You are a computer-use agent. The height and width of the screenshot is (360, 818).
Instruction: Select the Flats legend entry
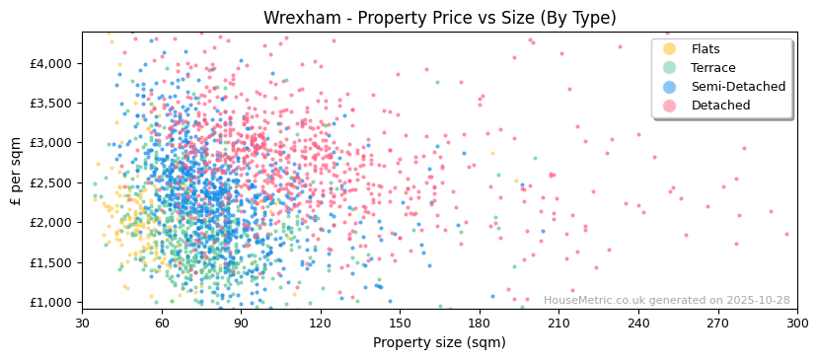click(x=705, y=49)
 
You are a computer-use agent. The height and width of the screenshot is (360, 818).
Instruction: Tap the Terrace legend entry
click(x=712, y=68)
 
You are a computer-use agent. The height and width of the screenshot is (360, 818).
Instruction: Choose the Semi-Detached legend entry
click(x=738, y=87)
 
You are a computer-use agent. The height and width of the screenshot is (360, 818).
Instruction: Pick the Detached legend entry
click(x=720, y=106)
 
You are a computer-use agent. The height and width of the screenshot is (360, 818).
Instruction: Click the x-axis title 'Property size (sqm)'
click(x=439, y=343)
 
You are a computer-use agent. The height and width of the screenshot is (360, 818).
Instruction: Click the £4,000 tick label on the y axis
click(x=50, y=63)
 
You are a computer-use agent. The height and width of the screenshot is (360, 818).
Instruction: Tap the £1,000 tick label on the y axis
click(x=50, y=303)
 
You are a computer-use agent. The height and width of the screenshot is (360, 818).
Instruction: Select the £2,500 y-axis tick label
click(x=50, y=182)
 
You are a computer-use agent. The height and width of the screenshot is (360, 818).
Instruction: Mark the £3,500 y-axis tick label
click(x=50, y=103)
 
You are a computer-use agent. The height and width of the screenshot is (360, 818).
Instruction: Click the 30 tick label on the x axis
click(x=82, y=323)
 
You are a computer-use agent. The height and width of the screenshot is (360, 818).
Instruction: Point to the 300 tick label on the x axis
click(x=797, y=323)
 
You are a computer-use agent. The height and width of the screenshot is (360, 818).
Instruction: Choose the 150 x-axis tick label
click(x=400, y=323)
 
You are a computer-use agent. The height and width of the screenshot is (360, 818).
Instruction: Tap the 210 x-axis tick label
click(x=558, y=323)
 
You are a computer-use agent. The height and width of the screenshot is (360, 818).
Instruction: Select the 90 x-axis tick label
click(x=241, y=323)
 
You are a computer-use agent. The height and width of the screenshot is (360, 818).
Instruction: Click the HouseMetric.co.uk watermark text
click(x=666, y=301)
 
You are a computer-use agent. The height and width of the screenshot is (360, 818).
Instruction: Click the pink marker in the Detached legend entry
click(x=670, y=106)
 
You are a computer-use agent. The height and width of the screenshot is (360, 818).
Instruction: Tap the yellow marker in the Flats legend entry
click(x=670, y=49)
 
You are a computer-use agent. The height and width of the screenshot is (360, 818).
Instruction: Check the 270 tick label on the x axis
click(x=717, y=323)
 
